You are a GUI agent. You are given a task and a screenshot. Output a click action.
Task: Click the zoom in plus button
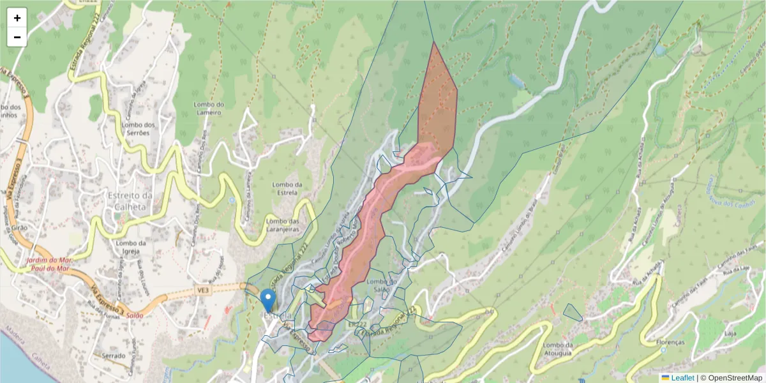click(17, 18)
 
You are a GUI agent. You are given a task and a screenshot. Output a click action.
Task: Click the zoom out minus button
click(17, 37)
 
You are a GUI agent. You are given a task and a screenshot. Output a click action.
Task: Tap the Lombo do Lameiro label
click(207, 109)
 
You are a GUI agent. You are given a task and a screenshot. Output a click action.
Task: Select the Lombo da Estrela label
click(287, 188)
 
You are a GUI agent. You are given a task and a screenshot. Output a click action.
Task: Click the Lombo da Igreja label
click(132, 246)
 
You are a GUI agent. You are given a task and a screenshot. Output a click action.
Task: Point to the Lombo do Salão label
click(384, 285)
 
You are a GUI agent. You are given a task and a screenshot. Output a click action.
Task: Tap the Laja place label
click(730, 333)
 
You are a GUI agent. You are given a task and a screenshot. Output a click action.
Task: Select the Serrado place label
click(104, 355)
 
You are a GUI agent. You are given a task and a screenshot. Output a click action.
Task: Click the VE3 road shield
click(204, 290)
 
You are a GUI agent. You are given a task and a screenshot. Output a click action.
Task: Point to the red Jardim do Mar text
click(49, 260)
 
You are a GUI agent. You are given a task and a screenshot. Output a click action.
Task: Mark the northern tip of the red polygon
click(433, 43)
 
